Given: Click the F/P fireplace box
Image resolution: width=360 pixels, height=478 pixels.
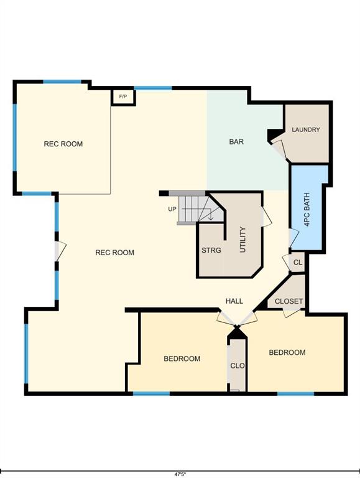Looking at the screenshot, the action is pos(123,97).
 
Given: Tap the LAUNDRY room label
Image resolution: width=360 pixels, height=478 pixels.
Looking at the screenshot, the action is pos(306,129).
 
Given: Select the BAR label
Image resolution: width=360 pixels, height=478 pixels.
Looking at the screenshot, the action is pos(236,142).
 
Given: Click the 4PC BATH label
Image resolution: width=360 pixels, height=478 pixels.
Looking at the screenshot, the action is pos(307,209).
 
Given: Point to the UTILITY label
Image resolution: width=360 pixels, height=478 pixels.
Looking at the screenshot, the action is pos(242,240).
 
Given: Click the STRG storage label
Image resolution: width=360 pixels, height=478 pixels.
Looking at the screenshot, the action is pos(211,250).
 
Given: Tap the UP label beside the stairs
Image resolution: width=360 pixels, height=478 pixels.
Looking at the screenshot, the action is pos(172,209).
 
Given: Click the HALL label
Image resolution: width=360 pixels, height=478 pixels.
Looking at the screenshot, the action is pos(234,301).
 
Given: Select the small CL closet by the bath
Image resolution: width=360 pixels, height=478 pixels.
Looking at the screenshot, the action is pos(297,262).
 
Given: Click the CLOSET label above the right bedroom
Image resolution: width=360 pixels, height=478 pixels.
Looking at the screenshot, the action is pos(288,301).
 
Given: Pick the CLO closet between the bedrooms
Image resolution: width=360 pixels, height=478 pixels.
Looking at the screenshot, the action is pos(238,365).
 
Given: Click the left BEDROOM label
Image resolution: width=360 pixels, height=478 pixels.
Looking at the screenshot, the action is pos(182,358).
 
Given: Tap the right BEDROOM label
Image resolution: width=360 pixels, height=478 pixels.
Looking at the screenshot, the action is pos(287,352).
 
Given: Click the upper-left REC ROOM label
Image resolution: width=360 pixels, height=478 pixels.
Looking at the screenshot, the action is pos(63,144).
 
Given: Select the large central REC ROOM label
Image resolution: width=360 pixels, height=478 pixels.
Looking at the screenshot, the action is pos(115,253).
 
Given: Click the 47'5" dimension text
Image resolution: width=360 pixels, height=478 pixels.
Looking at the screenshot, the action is pos(180,474).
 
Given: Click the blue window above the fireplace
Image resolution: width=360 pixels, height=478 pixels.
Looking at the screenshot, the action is pos(153,88).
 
